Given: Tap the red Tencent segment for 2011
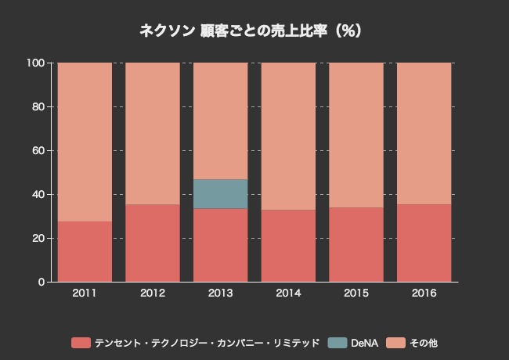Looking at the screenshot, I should tap(85, 251).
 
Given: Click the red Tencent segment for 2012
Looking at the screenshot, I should tap(153, 243).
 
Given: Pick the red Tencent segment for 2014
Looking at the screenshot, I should tap(288, 246).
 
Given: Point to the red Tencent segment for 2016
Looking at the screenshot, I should tap(424, 243).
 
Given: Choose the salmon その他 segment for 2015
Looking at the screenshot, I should tap(356, 135).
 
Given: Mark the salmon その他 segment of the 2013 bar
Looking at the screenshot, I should tap(221, 121).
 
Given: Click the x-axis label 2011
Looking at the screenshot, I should tap(85, 293).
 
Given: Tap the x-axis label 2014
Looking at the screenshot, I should tap(288, 293).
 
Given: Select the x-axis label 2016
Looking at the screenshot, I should tap(424, 293).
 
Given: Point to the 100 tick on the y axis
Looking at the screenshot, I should tap(36, 63).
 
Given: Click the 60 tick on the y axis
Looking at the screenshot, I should tap(39, 150).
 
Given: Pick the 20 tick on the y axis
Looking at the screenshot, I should tap(39, 238).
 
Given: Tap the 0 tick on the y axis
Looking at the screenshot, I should tap(42, 282).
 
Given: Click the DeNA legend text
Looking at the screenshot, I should tap(365, 343).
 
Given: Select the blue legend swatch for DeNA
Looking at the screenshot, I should tap(338, 343).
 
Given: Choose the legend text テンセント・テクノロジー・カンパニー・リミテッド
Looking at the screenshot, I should tap(207, 343).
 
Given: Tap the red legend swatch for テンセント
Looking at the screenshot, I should tap(81, 343).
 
